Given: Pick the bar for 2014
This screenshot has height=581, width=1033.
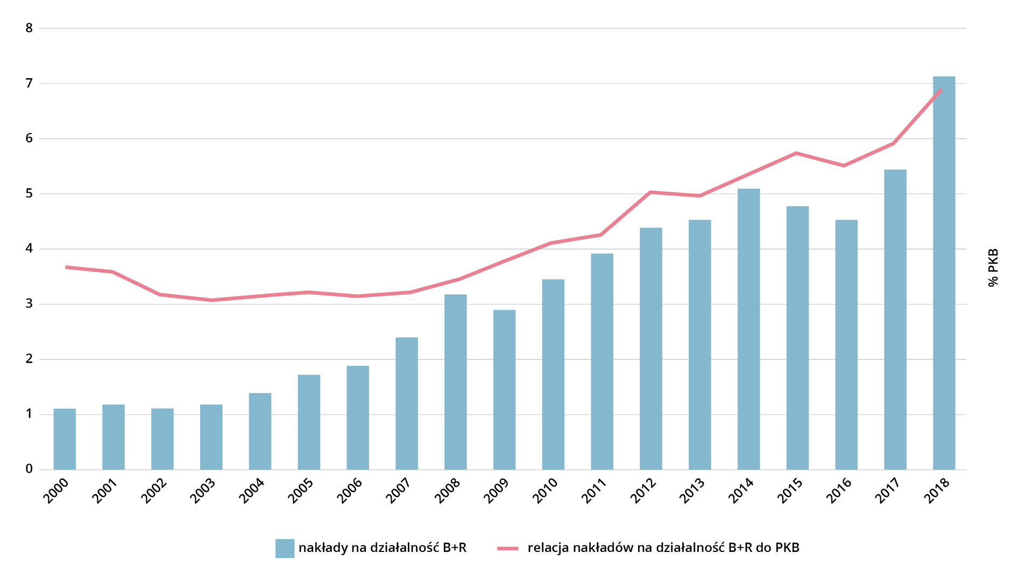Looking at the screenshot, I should click(x=748, y=329).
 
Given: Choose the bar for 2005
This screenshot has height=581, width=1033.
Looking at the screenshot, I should click(x=309, y=422).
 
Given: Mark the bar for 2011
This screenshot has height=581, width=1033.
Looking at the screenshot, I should click(x=602, y=362).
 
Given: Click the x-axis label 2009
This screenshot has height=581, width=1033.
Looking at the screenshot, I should click(x=496, y=491).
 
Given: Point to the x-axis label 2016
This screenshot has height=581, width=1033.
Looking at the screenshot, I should click(x=838, y=491).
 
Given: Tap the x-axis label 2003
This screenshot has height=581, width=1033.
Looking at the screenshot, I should click(x=203, y=491).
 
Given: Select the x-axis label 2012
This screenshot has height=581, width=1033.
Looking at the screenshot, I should click(x=643, y=491).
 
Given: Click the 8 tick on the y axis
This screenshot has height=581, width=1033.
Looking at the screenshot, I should click(x=29, y=28).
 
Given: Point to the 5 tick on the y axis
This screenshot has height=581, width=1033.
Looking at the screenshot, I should click(x=29, y=194).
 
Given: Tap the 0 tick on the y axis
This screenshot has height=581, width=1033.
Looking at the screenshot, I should click(x=29, y=469).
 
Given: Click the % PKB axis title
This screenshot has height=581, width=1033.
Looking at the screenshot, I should click(x=993, y=267).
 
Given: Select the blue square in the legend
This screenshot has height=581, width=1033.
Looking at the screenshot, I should click(x=285, y=548).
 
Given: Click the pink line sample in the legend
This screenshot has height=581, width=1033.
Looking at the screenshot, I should click(x=507, y=548).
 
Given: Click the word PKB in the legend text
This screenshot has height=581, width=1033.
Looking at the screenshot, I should click(x=787, y=548).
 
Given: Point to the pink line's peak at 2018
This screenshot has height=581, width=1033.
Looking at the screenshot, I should click(x=940, y=90).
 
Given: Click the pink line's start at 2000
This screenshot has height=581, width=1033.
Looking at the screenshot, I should click(x=66, y=267).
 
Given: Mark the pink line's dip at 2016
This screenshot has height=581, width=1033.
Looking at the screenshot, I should click(x=844, y=166).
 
